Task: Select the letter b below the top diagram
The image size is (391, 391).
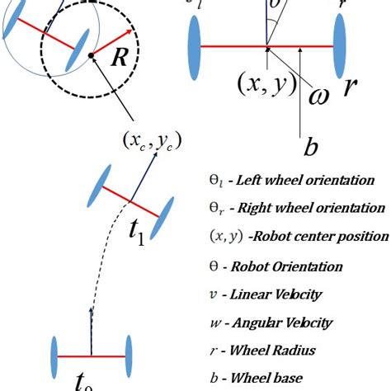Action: coord(311,147)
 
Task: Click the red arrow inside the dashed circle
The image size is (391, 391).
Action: coord(112,44)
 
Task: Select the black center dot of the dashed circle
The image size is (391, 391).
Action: coord(91,56)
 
